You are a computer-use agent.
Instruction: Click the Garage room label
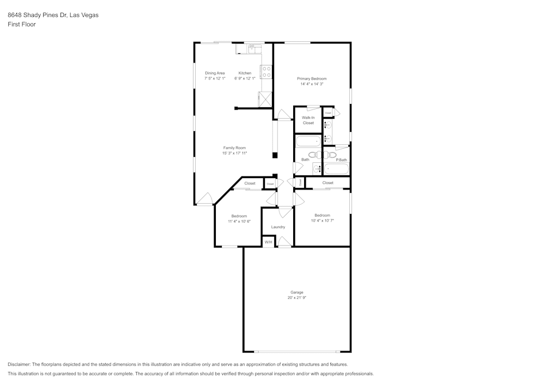tap(296, 292)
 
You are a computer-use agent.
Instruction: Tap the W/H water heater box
tap(268, 242)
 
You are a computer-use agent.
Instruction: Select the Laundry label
tap(278, 227)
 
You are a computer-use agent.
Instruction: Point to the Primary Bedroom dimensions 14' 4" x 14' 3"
tap(312, 84)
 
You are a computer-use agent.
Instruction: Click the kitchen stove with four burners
tap(267, 71)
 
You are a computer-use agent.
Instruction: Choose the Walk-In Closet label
tap(308, 120)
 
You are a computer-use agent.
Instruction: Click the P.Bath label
tap(341, 160)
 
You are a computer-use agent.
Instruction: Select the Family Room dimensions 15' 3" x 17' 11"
tap(234, 154)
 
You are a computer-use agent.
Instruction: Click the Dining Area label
tap(215, 73)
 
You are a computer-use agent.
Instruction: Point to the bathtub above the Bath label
tap(308, 142)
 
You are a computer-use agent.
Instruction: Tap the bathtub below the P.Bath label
tap(336, 169)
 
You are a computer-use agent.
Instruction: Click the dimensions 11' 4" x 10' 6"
tap(239, 222)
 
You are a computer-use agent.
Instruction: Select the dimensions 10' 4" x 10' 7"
tap(322, 221)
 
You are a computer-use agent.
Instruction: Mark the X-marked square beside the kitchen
tap(265, 99)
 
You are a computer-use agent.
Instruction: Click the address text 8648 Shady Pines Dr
tap(37, 15)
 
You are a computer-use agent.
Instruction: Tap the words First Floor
tap(22, 25)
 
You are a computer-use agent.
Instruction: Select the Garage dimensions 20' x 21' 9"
tap(296, 298)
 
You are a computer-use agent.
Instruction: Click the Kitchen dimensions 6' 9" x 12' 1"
tap(245, 78)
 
